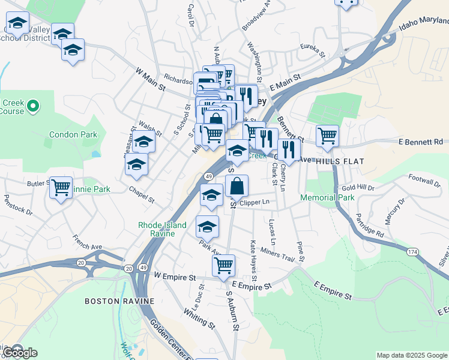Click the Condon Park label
click(x=73, y=134)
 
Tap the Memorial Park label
click(x=328, y=197)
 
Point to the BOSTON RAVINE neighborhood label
click(x=119, y=301)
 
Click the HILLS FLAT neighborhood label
click(x=340, y=161)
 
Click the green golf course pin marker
click(x=33, y=106)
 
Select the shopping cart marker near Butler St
click(x=61, y=187)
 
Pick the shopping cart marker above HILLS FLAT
click(x=327, y=136)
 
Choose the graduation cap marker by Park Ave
click(x=207, y=227)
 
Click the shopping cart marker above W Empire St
click(x=223, y=265)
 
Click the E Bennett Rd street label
click(x=420, y=142)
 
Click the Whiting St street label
click(x=199, y=318)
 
